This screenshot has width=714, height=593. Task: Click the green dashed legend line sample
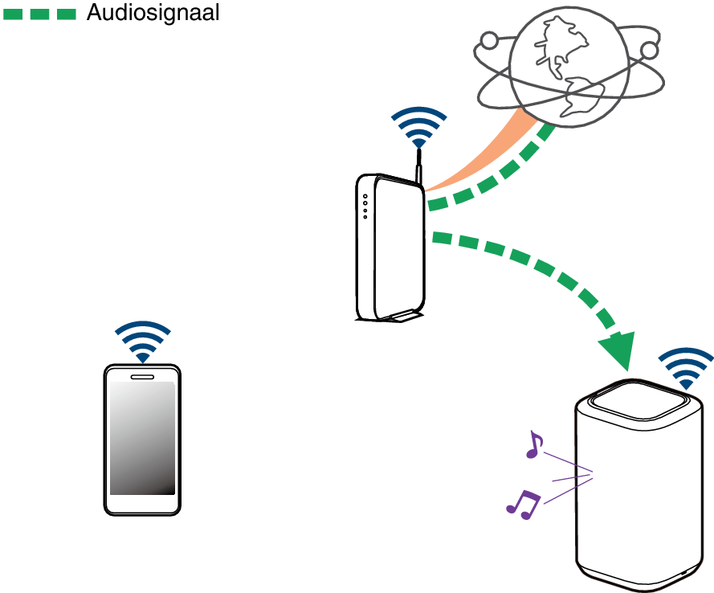(39, 14)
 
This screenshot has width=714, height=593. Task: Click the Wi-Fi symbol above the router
(418, 129)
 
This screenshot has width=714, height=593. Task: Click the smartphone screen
(142, 438)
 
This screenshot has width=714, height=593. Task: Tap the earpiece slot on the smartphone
(142, 376)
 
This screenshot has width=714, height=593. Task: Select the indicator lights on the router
(365, 206)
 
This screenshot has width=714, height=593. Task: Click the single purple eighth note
(533, 444)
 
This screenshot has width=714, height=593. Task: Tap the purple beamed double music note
(523, 503)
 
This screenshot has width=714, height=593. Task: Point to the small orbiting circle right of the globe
(649, 51)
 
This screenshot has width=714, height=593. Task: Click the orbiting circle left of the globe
(488, 40)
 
